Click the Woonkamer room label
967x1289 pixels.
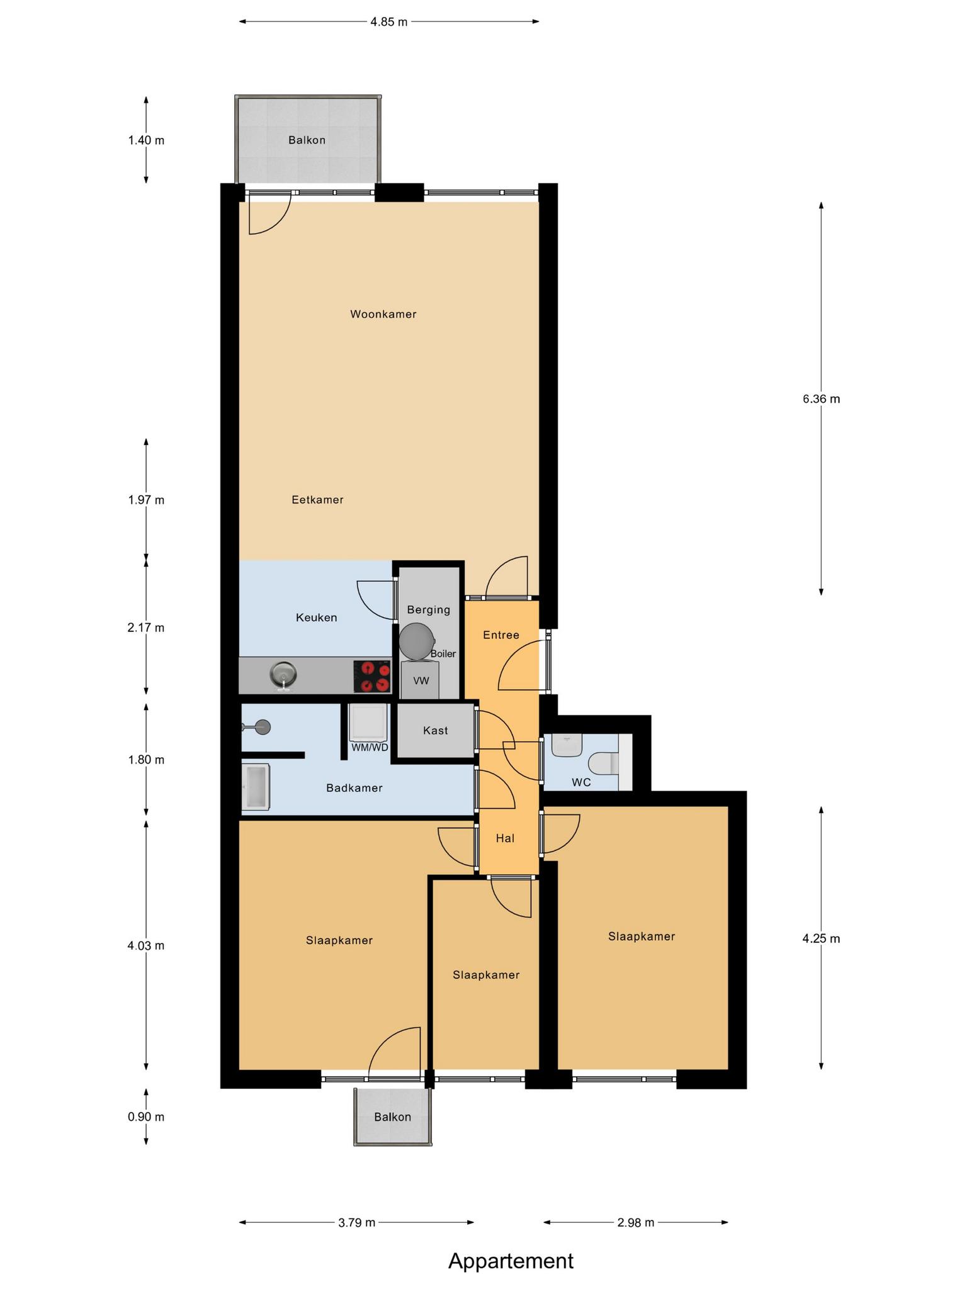pos(383,314)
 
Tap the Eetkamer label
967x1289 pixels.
pos(318,500)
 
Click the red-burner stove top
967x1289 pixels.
pos(371,677)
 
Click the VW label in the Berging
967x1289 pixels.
pos(421,680)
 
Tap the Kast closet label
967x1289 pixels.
pos(436,730)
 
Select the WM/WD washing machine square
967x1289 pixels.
pos(368,723)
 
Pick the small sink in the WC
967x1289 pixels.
pos(567,745)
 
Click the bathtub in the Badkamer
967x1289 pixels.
pos(256,787)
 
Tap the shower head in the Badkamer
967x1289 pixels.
pos(257,728)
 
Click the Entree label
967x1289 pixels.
pos(501,635)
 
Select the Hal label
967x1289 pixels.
pos(506,838)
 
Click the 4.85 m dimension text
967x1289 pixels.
pos(389,22)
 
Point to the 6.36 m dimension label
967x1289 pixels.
pos(821,399)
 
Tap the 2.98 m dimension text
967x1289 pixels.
pos(636,1223)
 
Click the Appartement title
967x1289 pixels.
pos(511,1261)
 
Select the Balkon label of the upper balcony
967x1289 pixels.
pos(307,140)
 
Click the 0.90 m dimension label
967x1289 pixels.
pos(146,1117)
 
